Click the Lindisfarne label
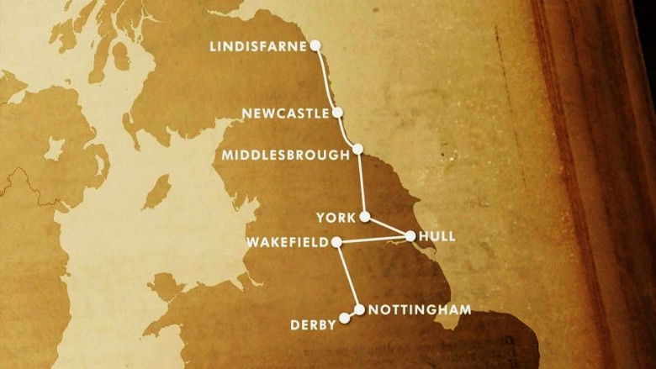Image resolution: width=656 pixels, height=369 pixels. click(259, 46)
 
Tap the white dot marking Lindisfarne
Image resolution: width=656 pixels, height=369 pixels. click(315, 45)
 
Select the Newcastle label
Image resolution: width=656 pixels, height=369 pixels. click(284, 113)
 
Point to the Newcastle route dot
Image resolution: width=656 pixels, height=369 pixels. click(337, 112)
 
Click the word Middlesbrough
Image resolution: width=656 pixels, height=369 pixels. click(285, 155)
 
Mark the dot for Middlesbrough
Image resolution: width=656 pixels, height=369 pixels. click(358, 150)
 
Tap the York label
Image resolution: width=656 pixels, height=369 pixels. click(335, 218)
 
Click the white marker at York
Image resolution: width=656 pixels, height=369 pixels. click(365, 217)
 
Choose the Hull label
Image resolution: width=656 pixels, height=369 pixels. click(440, 236)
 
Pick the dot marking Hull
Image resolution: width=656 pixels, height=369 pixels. click(410, 236)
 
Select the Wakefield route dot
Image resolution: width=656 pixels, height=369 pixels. click(336, 242)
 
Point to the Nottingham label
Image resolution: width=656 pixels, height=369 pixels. click(414, 309)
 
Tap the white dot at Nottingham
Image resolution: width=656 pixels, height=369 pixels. click(360, 309)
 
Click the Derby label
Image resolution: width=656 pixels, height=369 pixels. click(313, 324)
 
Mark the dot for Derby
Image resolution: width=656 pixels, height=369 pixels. click(343, 319)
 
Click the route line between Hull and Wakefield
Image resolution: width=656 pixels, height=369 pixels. click(373, 240)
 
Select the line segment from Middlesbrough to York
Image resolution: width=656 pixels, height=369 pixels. click(362, 183)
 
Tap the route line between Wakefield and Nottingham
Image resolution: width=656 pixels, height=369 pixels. click(347, 276)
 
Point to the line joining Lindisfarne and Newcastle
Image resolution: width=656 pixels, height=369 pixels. click(326, 77)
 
